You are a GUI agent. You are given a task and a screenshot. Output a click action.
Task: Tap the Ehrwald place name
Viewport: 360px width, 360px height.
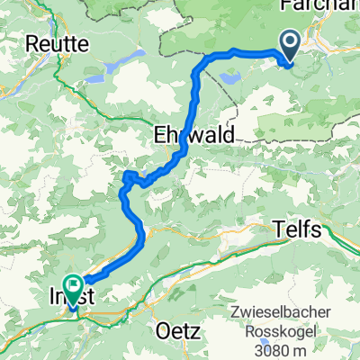[x=193, y=134]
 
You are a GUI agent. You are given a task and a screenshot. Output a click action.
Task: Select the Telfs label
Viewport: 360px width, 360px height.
[x=296, y=230]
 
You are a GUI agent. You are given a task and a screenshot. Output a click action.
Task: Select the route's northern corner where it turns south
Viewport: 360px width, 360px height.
[x=214, y=56]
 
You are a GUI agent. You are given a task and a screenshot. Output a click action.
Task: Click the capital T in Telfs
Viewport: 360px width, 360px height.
[x=278, y=230]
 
